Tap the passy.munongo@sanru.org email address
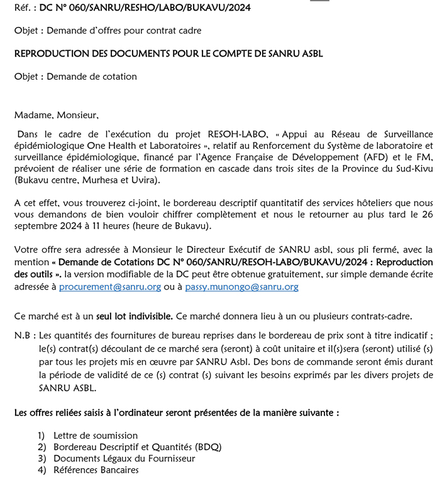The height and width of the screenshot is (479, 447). (x=242, y=287)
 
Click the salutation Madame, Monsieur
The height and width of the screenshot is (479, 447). (x=57, y=115)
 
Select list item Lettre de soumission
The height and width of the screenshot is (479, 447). (x=96, y=435)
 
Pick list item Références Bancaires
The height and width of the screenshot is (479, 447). (x=96, y=470)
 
